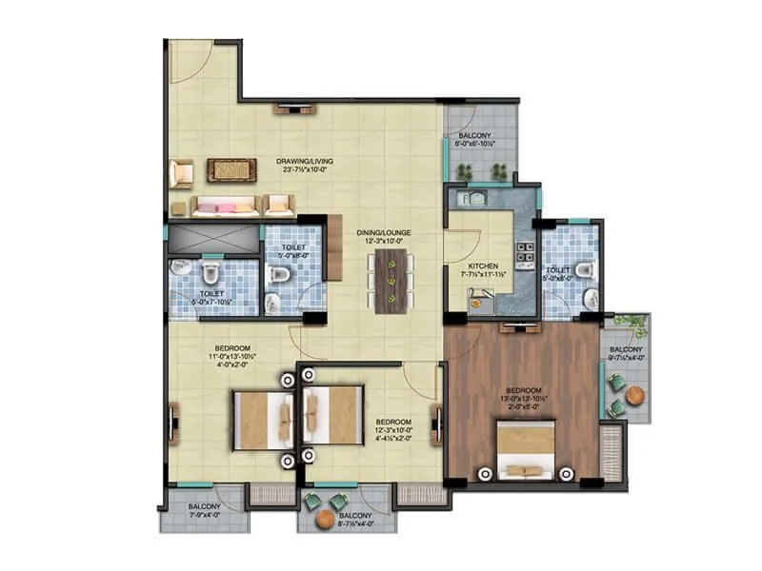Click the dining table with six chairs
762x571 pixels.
click(x=388, y=282)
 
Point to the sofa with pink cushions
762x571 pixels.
click(x=225, y=205)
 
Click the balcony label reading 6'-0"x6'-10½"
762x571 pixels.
click(x=476, y=142)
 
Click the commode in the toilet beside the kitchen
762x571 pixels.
click(x=588, y=271)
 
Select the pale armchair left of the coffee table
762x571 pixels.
click(x=181, y=173)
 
